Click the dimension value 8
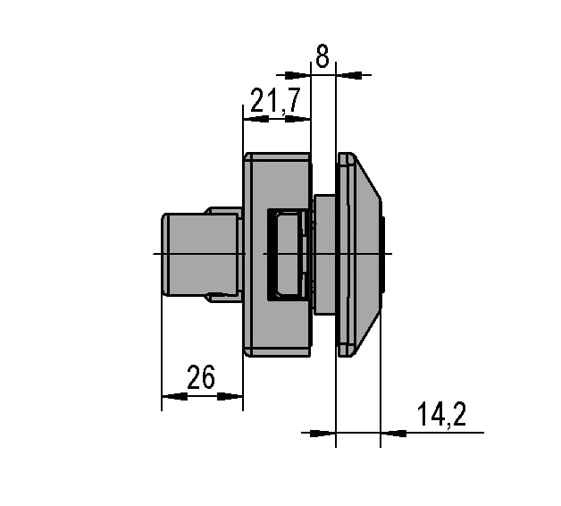pos(322,55)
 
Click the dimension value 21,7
pos(275,101)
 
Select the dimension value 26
pos(201,377)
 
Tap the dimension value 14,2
pos(442,414)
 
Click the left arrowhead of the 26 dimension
pos(174,396)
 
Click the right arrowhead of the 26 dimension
pos(230,396)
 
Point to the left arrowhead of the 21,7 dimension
pos(255,119)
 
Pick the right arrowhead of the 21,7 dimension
pos(297,119)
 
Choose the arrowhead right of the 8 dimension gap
pos(348,75)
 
